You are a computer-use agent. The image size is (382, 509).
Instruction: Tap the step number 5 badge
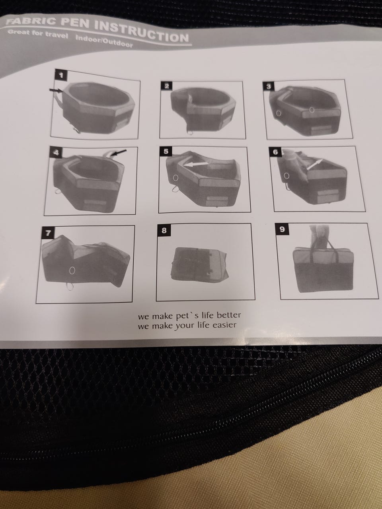[166, 152]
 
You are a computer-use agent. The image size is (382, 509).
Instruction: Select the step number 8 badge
[164, 231]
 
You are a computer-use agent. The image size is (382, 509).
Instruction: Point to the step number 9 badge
[282, 229]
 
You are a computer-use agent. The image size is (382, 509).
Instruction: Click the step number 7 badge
[48, 233]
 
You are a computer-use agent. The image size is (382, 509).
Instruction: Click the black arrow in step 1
[56, 91]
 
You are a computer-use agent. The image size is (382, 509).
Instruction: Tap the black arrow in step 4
[119, 153]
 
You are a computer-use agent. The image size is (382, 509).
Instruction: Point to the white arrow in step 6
[314, 165]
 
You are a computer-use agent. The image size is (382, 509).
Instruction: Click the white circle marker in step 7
[72, 270]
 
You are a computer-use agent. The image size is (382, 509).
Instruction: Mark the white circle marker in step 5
[175, 178]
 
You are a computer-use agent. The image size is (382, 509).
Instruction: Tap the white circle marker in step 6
[286, 176]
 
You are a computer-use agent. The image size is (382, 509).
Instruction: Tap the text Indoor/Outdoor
[104, 41]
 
